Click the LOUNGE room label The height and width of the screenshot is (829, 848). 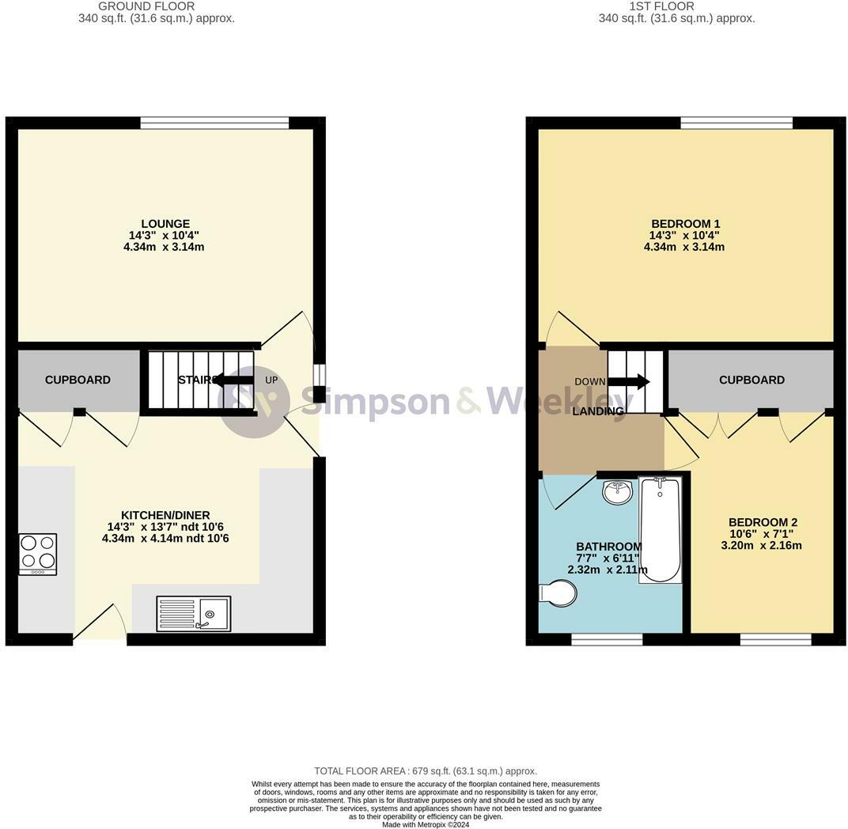pyautogui.click(x=165, y=224)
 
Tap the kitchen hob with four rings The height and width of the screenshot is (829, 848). pyautogui.click(x=38, y=555)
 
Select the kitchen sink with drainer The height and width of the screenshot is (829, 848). pyautogui.click(x=194, y=613)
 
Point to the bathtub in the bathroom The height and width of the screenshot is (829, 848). pyautogui.click(x=660, y=530)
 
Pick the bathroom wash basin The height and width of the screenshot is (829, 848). pyautogui.click(x=617, y=491)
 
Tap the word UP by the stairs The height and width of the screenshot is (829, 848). pyautogui.click(x=271, y=380)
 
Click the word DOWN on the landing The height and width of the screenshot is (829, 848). pyautogui.click(x=590, y=382)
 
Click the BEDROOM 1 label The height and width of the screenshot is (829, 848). pyautogui.click(x=685, y=224)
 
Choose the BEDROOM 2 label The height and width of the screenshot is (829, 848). pyautogui.click(x=763, y=522)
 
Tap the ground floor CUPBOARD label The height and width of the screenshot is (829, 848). pyautogui.click(x=78, y=380)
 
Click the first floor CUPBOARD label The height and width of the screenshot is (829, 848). pyautogui.click(x=751, y=380)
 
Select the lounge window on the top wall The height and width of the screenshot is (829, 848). pyautogui.click(x=214, y=123)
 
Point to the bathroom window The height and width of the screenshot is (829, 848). pyautogui.click(x=608, y=640)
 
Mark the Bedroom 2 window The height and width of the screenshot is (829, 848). pyautogui.click(x=776, y=640)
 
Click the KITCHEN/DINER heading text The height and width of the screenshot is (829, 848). pyautogui.click(x=165, y=515)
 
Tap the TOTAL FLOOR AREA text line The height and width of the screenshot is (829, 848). pyautogui.click(x=426, y=771)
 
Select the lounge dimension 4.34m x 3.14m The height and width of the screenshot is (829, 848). pyautogui.click(x=164, y=247)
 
